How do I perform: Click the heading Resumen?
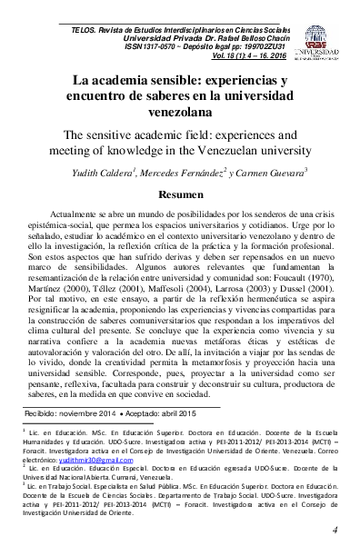180,195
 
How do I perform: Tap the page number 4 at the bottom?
335,530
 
